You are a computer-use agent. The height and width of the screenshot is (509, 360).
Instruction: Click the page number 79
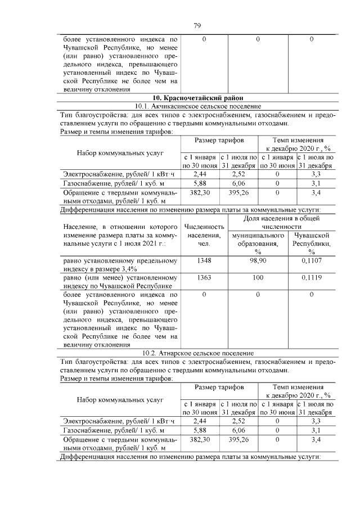[x=197, y=25]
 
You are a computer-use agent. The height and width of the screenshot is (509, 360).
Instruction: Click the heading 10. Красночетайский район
[x=197, y=98]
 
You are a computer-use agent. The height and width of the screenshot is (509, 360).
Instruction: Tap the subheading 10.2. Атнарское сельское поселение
[x=197, y=353]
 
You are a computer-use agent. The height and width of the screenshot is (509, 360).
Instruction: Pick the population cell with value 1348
[x=204, y=261]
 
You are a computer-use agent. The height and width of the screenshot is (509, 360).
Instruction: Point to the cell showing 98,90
[x=258, y=261]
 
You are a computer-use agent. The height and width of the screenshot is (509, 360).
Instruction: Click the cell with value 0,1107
[x=311, y=261]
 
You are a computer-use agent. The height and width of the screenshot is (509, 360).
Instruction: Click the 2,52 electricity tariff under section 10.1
[x=238, y=175]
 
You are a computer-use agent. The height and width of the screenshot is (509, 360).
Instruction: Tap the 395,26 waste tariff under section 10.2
[x=238, y=439]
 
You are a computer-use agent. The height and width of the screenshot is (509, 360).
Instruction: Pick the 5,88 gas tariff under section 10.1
[x=200, y=183]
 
